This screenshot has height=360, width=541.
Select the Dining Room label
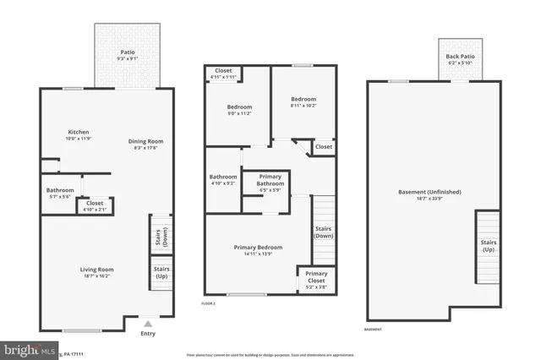(x=145, y=145)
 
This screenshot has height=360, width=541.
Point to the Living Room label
(x=96, y=272)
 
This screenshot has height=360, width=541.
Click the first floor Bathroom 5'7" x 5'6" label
(x=60, y=193)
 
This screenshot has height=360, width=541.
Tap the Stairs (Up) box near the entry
(x=161, y=275)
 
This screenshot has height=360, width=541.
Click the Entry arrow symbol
(x=148, y=322)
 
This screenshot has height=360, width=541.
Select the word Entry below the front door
(x=148, y=334)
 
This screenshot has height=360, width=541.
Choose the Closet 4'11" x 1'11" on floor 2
(x=223, y=73)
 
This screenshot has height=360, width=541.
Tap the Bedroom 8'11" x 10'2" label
(x=303, y=102)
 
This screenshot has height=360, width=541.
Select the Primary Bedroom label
(x=258, y=250)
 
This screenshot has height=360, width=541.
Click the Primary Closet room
(x=316, y=280)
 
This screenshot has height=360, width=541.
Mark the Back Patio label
(x=462, y=60)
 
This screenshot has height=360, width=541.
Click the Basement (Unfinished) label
(x=432, y=195)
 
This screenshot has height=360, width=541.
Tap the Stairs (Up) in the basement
(x=489, y=246)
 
